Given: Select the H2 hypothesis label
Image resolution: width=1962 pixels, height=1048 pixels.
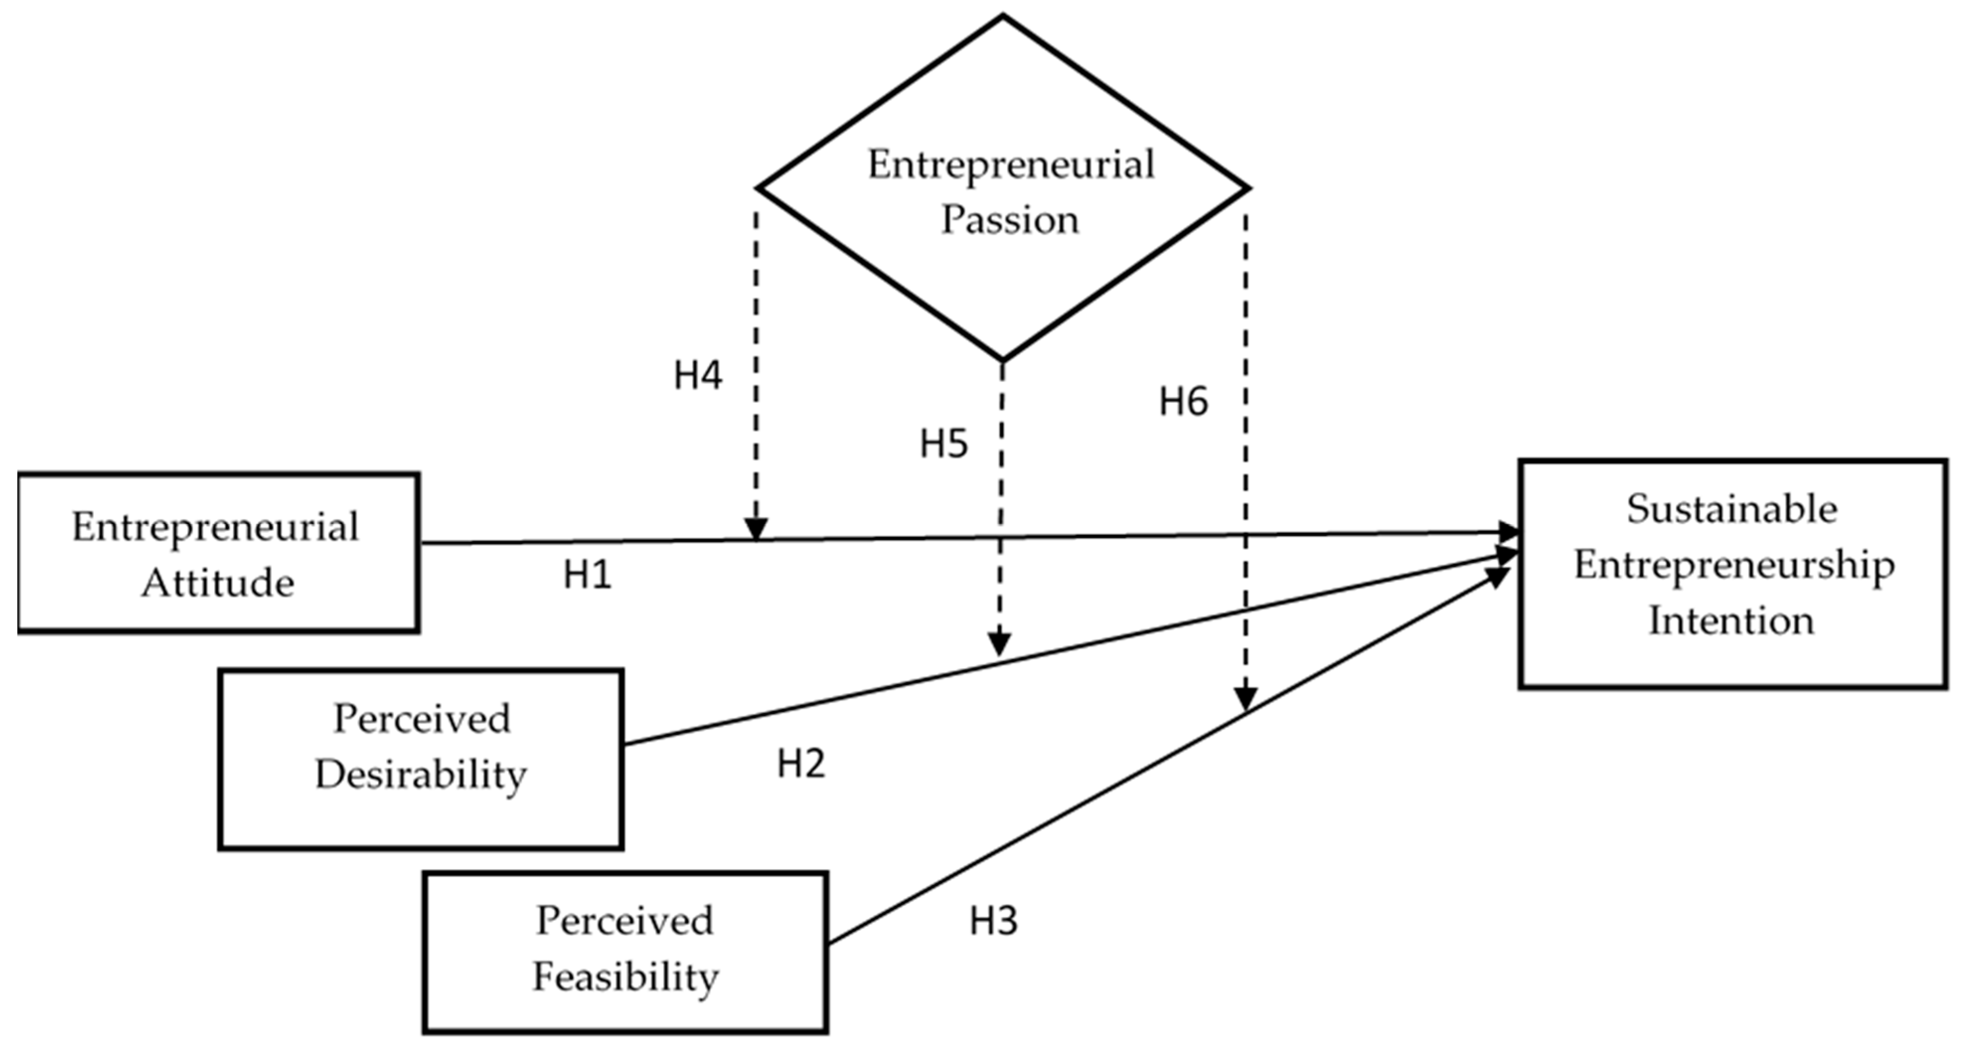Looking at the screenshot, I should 801,763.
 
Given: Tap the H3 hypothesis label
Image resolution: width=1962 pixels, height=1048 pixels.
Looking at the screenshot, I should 993,921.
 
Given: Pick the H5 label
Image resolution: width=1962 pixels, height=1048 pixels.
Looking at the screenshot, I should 944,443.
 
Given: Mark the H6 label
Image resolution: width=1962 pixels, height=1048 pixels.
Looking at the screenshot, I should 1183,401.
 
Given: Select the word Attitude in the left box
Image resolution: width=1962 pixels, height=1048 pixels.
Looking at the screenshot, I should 218,584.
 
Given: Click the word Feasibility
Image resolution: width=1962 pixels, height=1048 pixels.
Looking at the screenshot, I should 625,977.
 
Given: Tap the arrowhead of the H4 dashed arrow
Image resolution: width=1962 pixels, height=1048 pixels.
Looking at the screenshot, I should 755,528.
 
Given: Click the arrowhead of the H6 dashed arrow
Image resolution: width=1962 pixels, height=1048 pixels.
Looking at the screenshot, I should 1245,698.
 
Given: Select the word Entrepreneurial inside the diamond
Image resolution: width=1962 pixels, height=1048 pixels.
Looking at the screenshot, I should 1011,164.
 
